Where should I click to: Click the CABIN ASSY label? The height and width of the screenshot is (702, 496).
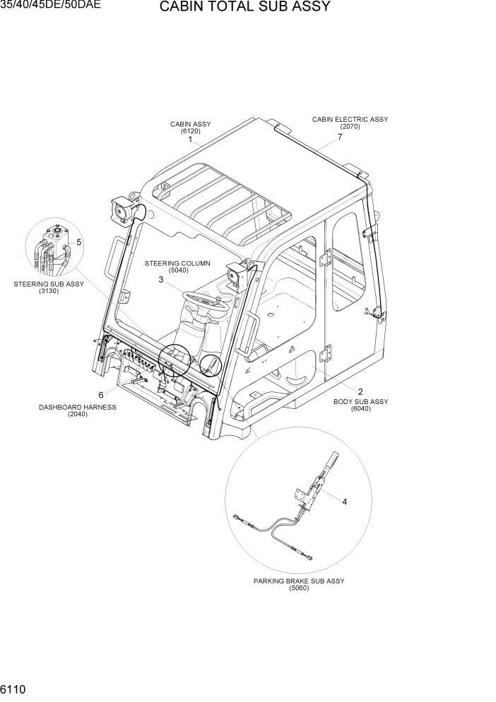click(190, 125)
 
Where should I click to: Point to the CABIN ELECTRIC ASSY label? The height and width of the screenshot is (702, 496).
click(350, 120)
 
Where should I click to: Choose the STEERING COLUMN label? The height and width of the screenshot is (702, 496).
click(177, 263)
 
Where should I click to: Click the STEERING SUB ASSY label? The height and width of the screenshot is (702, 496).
click(49, 284)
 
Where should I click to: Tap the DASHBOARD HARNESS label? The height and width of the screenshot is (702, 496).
click(78, 408)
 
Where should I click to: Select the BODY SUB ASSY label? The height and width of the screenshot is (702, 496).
click(360, 402)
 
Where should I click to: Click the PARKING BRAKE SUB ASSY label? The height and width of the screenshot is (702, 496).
click(299, 581)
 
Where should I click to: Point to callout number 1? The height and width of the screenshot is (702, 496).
click(190, 140)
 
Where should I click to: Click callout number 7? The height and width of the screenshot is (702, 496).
click(340, 137)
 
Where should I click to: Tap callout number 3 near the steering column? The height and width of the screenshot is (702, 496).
click(161, 280)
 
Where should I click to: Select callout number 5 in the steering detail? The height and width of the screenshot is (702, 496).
click(78, 242)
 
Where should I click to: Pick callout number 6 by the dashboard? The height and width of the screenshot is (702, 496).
click(101, 395)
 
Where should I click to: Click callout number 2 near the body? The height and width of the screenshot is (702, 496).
click(360, 391)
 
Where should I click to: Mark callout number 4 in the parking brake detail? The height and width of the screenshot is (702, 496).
click(345, 502)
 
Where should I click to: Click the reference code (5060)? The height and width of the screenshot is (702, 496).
click(299, 589)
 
